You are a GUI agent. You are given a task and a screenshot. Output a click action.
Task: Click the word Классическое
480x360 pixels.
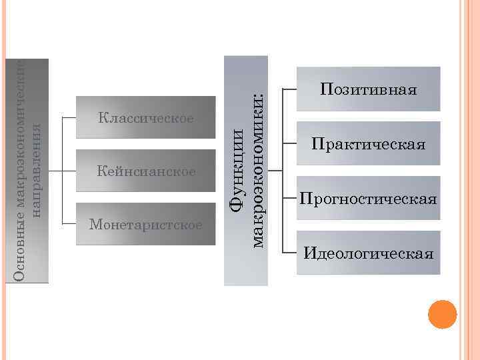[x=145, y=119]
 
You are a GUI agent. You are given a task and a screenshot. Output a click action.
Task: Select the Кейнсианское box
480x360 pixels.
[x=145, y=171]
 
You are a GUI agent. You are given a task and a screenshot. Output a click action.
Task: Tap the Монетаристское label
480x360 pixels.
[x=145, y=224]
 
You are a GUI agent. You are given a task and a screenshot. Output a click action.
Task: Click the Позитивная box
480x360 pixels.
[x=369, y=88]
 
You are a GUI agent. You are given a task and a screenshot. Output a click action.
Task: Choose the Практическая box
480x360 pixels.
[x=369, y=143]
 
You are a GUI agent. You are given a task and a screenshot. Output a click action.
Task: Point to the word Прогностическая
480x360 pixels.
[x=369, y=199]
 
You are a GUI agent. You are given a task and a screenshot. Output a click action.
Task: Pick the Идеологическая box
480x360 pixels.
[x=369, y=253]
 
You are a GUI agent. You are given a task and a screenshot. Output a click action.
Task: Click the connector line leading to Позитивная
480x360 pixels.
[x=290, y=88]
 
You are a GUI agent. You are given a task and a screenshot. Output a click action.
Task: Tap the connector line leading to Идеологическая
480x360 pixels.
[x=290, y=253]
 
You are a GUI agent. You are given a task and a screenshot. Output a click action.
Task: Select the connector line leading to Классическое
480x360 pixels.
[x=69, y=118]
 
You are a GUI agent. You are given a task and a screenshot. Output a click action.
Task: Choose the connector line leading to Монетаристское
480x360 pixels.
[x=69, y=224]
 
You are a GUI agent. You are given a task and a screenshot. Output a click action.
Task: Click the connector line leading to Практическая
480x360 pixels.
[x=290, y=143]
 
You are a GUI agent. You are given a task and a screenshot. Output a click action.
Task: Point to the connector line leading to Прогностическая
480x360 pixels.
[x=290, y=199]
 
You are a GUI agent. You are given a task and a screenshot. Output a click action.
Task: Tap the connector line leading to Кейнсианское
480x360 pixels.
[x=67, y=171]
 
